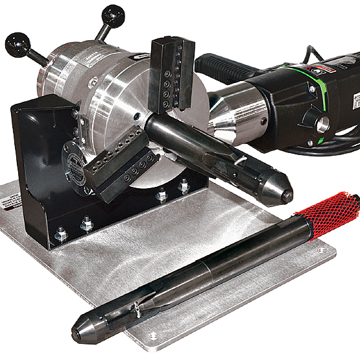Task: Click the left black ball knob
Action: click(18, 45)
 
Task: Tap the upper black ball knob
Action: click(113, 16)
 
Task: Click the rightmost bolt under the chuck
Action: click(184, 187)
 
